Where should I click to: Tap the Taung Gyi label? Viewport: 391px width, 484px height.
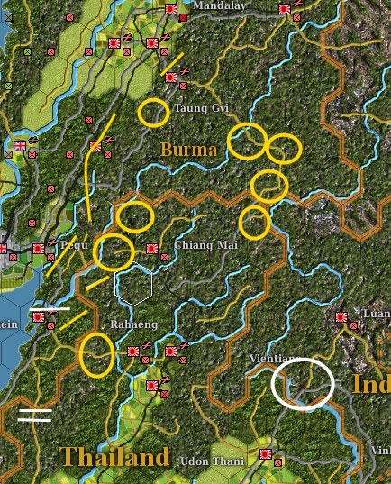tap(202, 108)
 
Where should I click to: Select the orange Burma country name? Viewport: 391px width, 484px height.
tap(188, 149)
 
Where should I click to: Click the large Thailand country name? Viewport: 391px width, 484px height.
tap(114, 457)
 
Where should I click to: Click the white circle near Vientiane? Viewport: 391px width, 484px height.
tap(303, 383)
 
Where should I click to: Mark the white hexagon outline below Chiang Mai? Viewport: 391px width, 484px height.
tap(134, 286)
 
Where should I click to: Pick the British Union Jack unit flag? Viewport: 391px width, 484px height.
tap(20, 145)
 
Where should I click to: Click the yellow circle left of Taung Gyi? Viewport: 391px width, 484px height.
tap(154, 112)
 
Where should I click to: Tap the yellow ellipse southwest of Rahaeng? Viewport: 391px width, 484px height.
tap(96, 354)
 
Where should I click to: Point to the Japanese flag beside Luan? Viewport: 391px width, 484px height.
tap(341, 317)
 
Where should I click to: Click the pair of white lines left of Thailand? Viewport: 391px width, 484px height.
tap(34, 415)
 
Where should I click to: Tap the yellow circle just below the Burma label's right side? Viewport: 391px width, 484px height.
tap(247, 142)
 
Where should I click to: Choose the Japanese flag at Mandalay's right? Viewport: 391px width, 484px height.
tap(286, 8)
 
